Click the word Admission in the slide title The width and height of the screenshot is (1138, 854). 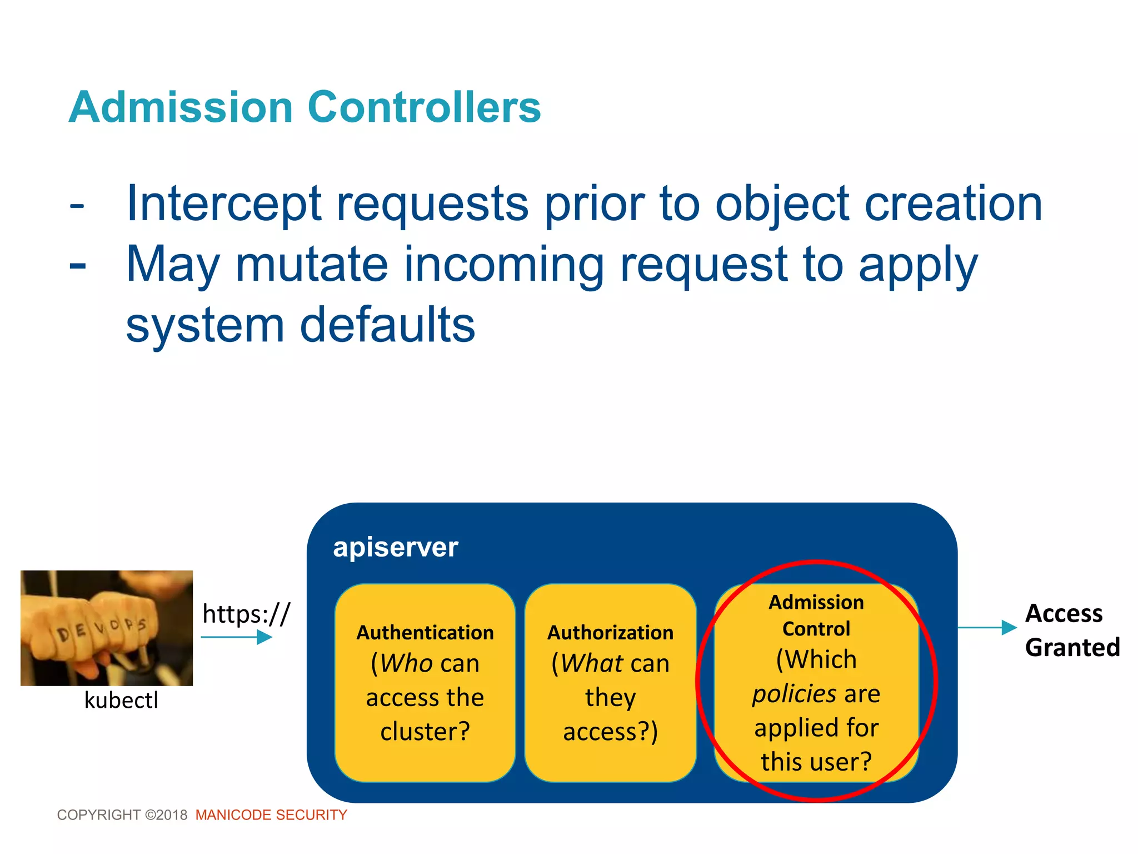181,107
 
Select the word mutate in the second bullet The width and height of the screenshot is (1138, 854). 311,265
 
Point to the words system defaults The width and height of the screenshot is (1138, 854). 300,325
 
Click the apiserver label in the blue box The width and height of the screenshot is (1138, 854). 395,548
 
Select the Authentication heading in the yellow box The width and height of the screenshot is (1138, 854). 425,633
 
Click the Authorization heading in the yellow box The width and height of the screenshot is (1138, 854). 610,633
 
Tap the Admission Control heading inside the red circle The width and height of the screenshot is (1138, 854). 816,615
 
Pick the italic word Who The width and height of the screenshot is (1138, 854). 406,663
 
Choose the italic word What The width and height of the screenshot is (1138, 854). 591,663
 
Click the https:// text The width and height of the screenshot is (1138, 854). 246,614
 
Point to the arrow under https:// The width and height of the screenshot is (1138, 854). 236,637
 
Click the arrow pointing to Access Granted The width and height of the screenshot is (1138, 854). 987,628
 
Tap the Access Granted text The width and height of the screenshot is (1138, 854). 1071,630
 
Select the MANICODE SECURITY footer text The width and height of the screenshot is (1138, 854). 271,815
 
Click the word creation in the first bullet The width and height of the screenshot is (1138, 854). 953,205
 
